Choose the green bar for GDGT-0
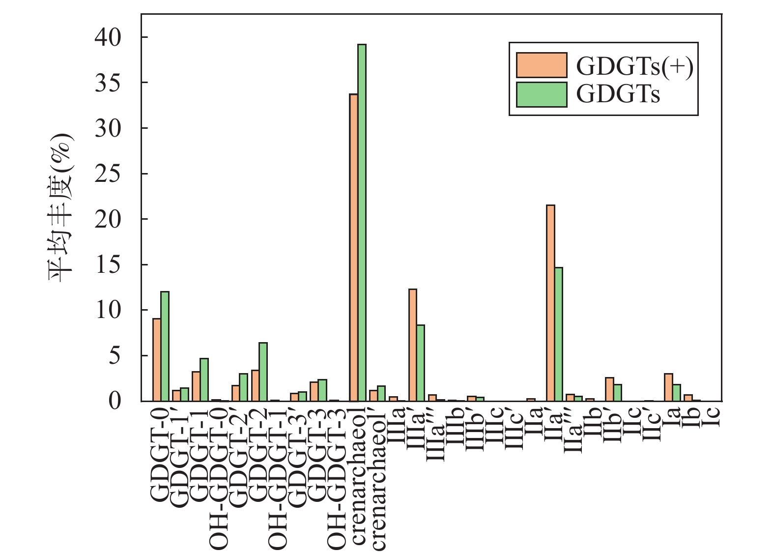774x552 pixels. coord(165,346)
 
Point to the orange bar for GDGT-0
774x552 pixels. coord(157,360)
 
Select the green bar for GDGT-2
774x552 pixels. coord(263,372)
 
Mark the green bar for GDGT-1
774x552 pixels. coord(204,379)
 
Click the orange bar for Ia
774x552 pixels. coord(668,387)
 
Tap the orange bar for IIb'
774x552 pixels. coord(609,389)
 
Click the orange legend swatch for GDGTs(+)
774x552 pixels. coord(542,65)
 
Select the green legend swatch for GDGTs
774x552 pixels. coord(542,94)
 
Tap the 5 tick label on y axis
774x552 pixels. coord(114,355)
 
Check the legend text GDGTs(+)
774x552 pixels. coord(634,66)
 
